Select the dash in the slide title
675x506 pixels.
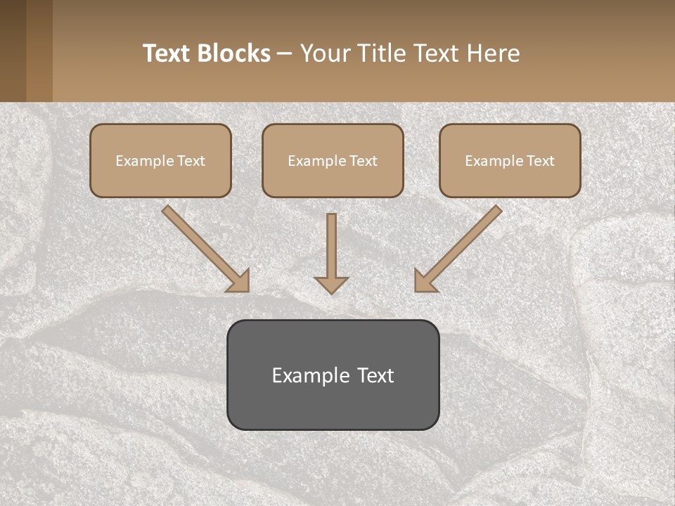285,54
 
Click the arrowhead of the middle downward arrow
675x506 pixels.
331,285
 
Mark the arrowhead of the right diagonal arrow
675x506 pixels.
425,281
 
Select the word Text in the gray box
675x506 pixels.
374,375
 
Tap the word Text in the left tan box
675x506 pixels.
191,161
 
